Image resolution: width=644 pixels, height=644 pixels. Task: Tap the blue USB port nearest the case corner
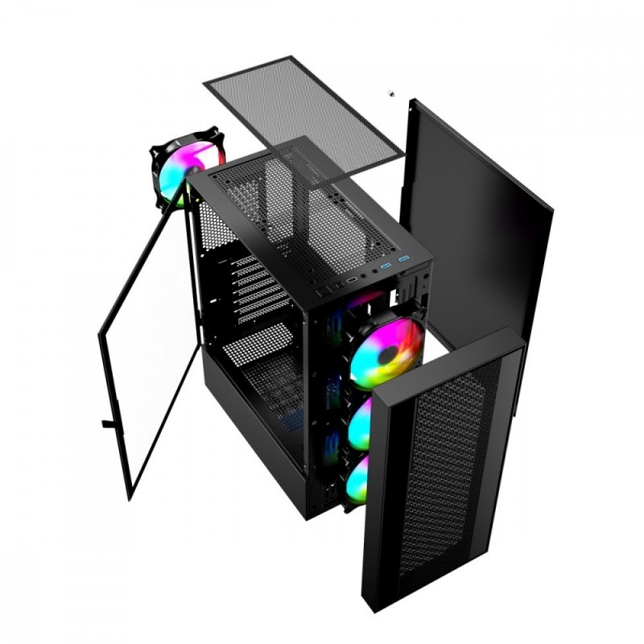pos(403,259)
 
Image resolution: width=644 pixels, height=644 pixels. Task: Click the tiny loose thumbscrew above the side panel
pos(391,93)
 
